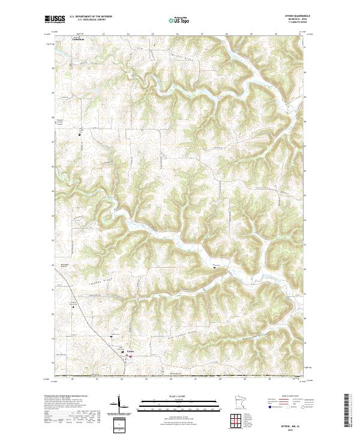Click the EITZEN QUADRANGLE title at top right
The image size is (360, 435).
[290, 17]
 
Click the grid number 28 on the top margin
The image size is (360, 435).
[226, 34]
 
